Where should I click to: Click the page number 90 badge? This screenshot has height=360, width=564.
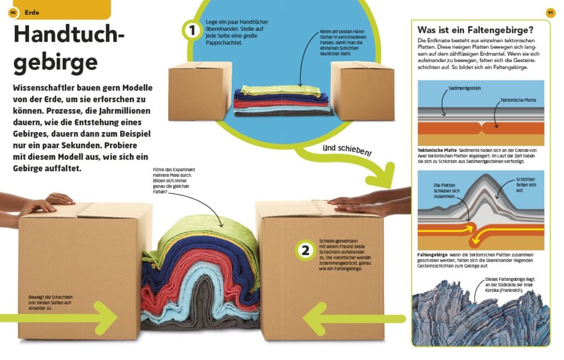13,13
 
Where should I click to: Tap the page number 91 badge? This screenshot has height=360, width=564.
550,13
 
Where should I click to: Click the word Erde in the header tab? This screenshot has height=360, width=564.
31,13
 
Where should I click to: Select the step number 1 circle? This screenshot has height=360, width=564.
192,30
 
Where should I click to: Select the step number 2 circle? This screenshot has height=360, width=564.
305,250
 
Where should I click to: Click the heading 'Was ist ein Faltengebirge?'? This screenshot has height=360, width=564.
475,30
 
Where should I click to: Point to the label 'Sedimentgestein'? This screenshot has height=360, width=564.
464,88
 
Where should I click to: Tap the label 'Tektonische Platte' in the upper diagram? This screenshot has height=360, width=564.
518,100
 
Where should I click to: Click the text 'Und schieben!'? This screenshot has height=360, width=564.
347,150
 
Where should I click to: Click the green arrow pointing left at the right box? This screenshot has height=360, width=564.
354,319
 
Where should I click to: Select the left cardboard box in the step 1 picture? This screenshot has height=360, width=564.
200,91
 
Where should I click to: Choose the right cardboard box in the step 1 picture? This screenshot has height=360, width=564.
362,91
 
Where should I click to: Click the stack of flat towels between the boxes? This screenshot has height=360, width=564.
283,101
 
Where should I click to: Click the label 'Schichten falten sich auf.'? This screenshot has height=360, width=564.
526,185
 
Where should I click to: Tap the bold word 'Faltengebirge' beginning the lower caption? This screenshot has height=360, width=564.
432,255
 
